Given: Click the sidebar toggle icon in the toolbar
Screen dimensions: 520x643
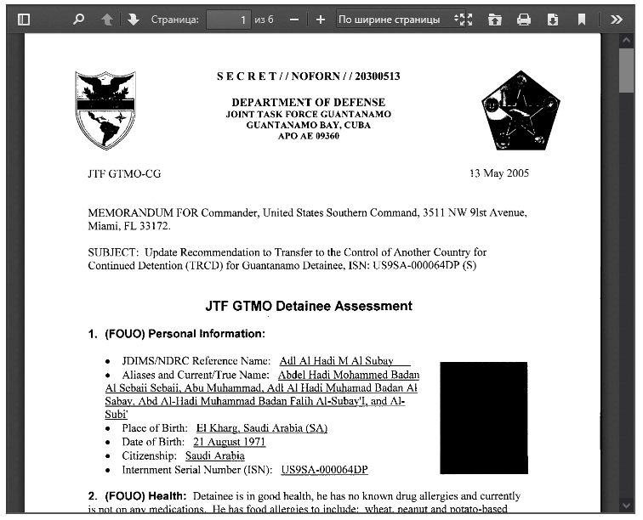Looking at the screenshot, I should tap(24, 19).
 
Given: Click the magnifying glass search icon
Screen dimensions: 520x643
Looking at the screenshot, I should tap(79, 19).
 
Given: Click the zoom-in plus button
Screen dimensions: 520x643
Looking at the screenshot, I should tap(320, 19).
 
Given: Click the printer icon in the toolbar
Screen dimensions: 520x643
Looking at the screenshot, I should tap(524, 19).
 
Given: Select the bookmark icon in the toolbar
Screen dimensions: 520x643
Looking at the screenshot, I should tap(582, 19).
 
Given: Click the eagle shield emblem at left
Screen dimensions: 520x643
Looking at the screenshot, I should tap(106, 109).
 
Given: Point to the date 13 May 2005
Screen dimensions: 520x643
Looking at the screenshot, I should tap(499, 173).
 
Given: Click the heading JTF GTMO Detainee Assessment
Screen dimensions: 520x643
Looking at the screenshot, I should tap(309, 306).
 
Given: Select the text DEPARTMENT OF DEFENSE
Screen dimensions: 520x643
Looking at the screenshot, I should tap(308, 102).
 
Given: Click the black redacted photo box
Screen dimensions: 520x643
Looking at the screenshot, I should tap(484, 418).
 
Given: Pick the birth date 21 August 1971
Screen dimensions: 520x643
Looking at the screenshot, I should tap(229, 442).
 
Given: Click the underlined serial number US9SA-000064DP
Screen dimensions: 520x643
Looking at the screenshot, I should tap(324, 470).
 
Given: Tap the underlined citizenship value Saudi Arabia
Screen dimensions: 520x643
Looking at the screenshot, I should tap(214, 455).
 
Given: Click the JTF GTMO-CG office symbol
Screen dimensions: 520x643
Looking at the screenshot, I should tap(124, 173).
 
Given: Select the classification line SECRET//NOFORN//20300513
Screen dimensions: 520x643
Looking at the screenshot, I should tap(308, 76).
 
